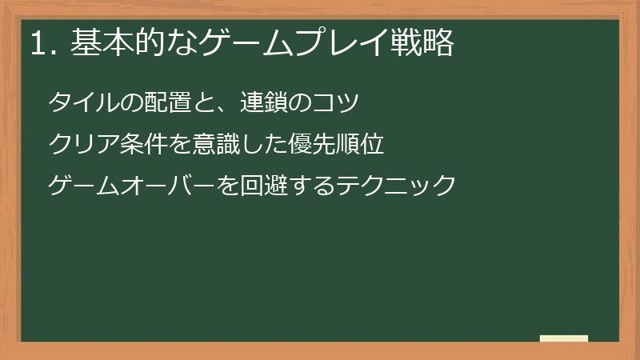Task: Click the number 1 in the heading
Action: coord(38,44)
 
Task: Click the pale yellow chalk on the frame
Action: coord(564,338)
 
